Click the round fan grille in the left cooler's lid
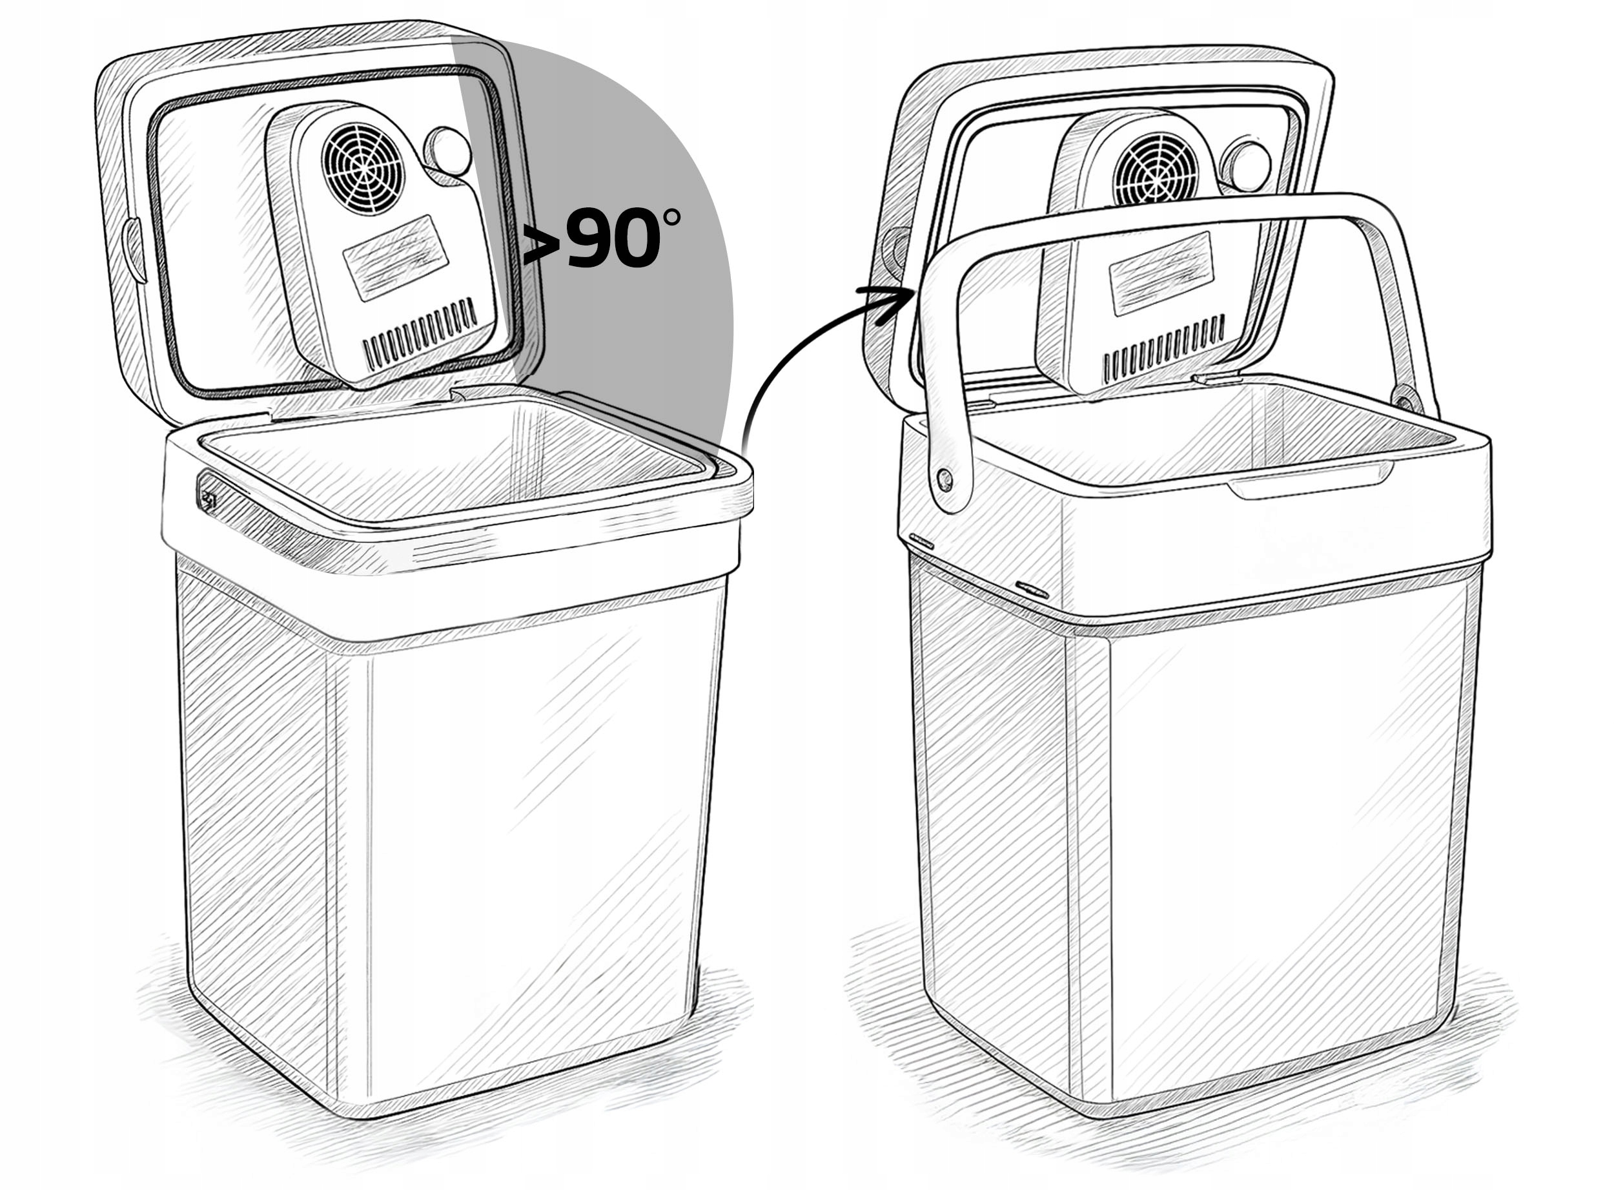363,169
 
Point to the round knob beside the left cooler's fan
449,152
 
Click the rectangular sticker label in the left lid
396,257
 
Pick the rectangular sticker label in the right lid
1163,274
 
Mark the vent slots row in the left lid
420,333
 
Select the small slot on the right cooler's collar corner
1031,589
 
